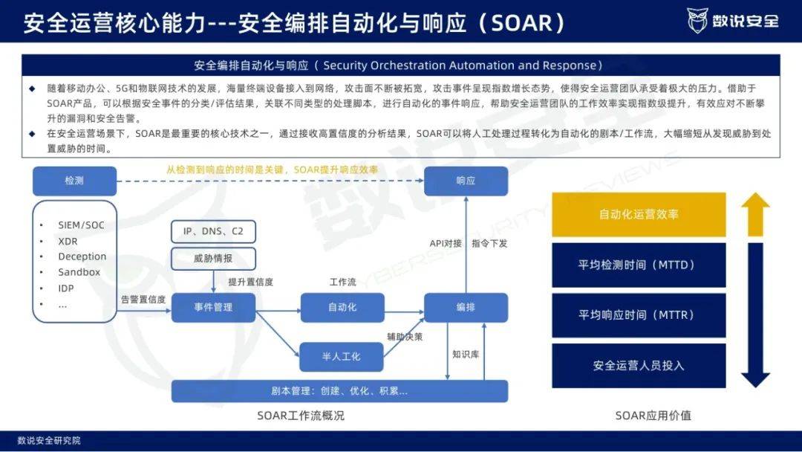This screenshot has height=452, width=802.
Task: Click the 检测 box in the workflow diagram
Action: tap(75, 181)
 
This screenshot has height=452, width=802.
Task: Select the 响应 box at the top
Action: tap(466, 181)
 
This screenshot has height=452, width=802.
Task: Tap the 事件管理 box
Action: tap(213, 307)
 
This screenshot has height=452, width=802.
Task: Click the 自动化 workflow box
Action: tap(342, 307)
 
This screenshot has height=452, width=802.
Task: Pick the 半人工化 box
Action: tap(341, 357)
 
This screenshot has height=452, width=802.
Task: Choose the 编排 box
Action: tap(466, 307)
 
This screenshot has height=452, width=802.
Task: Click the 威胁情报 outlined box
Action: tap(213, 259)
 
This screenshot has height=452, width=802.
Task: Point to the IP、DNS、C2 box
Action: tap(213, 231)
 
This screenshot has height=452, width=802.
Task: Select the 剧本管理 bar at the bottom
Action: tap(339, 391)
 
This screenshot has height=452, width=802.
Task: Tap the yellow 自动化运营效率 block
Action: tap(639, 215)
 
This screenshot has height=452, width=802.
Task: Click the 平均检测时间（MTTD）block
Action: tap(639, 265)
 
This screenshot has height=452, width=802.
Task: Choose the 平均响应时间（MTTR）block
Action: tap(639, 314)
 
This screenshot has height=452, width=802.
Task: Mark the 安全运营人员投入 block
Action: tap(639, 366)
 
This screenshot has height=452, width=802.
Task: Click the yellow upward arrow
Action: tap(755, 214)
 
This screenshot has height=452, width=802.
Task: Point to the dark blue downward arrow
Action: tap(755, 314)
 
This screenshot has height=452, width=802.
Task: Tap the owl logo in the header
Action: tap(697, 21)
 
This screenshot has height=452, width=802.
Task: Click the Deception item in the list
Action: tap(82, 256)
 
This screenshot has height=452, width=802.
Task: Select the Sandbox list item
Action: tap(79, 272)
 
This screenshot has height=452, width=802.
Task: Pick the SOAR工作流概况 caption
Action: tap(301, 416)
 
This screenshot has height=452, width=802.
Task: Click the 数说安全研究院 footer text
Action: tap(49, 440)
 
